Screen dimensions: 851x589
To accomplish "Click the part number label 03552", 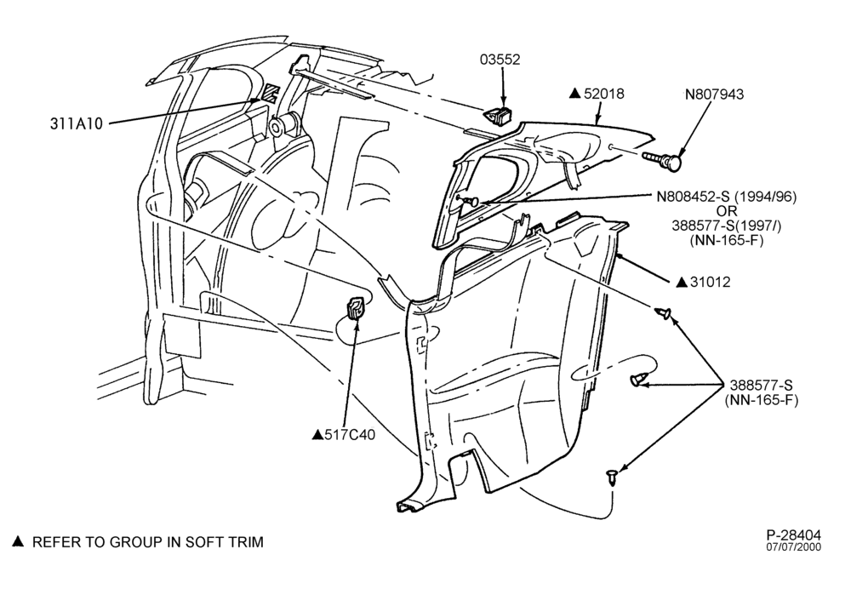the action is tap(500, 60).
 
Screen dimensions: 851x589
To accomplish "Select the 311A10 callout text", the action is tap(77, 124).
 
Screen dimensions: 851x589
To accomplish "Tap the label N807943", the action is tap(714, 94).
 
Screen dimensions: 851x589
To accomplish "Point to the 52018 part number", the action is tap(603, 94).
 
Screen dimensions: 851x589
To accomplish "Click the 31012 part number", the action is tap(710, 283).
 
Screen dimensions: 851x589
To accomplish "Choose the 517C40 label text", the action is tap(350, 435).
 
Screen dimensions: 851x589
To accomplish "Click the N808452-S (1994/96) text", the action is tap(727, 197).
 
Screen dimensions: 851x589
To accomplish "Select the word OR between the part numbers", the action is tap(726, 211).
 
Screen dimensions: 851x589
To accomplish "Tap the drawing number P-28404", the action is tap(793, 535).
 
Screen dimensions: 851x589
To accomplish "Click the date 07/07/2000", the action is tap(793, 547).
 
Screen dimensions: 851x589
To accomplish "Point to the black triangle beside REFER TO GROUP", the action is tap(19, 542).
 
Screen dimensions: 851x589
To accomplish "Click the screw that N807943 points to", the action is tap(663, 160).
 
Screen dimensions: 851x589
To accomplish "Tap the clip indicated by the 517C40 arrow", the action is tap(356, 309).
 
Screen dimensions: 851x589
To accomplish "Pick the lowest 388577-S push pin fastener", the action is tap(613, 477).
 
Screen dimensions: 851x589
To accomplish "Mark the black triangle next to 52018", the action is tap(574, 94).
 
